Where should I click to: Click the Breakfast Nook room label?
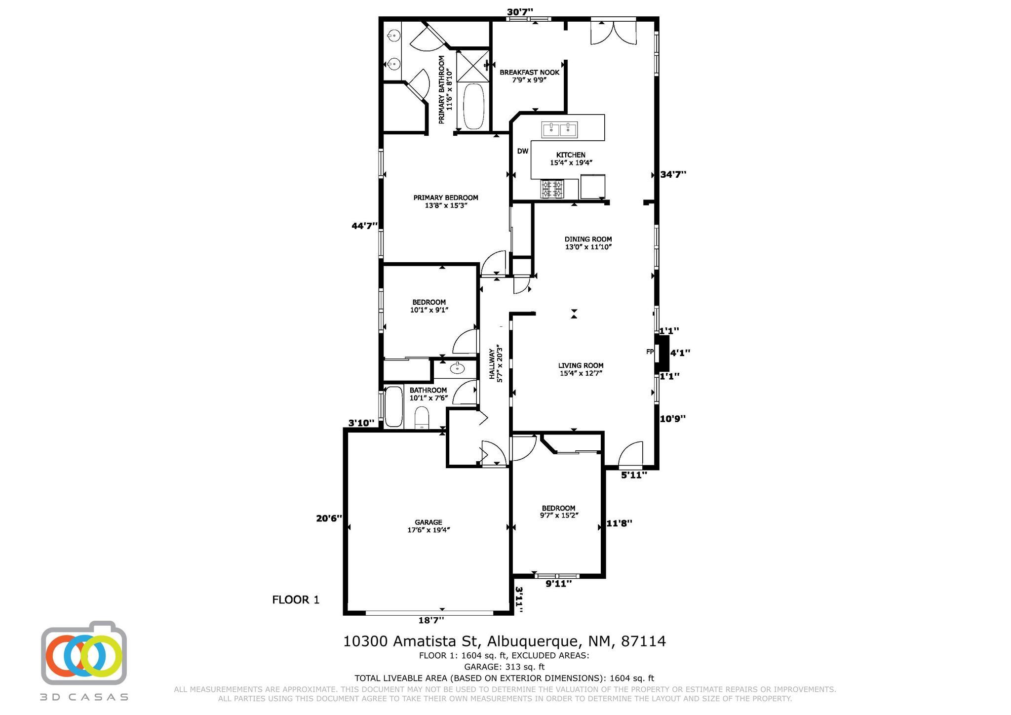pos(529,76)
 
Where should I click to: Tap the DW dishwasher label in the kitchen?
pos(523,151)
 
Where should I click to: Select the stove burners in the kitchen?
pos(553,189)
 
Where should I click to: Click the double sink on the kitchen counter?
pos(560,130)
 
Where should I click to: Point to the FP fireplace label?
pos(650,352)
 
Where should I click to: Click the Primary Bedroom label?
pos(446,201)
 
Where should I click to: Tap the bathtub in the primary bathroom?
pos(474,107)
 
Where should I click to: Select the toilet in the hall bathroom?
pos(422,417)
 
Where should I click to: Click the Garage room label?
pos(428,526)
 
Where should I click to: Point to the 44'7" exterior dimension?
pos(364,226)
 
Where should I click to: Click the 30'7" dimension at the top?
pos(520,12)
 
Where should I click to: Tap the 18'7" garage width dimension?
pos(431,620)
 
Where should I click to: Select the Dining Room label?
pos(588,243)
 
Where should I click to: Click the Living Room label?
pos(581,369)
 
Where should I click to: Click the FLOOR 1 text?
pos(296,600)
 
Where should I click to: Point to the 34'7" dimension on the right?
pos(673,174)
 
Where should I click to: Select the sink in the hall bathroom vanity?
pos(457,368)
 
